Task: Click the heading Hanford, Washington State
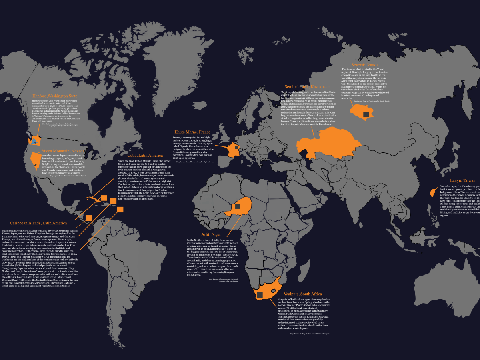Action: click(55, 96)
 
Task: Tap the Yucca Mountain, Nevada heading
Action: click(63, 151)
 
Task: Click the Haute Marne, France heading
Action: click(192, 132)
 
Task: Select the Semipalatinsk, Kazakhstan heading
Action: click(308, 86)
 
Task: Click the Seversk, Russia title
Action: click(365, 65)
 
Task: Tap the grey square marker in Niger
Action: click(237, 206)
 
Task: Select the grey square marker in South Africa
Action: click(260, 295)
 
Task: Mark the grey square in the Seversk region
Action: click(365, 114)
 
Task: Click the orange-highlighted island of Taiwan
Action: click(432, 193)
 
